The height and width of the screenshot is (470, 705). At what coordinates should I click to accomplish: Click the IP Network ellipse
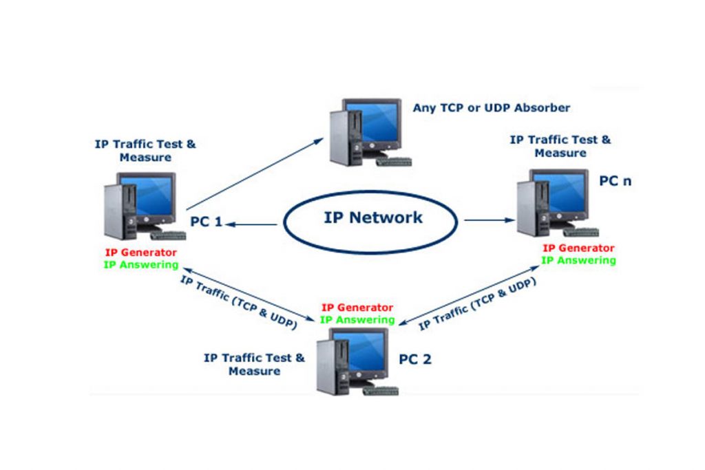coord(372,219)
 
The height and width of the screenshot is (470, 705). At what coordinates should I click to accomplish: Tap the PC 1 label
coord(206,222)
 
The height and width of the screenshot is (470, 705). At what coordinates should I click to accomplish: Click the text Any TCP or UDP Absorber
coord(492,108)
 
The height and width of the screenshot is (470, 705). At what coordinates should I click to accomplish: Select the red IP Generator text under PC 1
coord(140,253)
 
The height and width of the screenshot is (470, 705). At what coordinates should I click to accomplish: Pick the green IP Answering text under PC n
coord(578,260)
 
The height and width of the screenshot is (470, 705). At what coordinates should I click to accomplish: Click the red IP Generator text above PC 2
coord(357,308)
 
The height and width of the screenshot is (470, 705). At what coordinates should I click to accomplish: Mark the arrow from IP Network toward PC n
coord(489,220)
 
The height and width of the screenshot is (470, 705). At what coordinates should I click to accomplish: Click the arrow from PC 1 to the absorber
coord(255,172)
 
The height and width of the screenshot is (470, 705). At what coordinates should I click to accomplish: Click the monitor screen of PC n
coord(566,196)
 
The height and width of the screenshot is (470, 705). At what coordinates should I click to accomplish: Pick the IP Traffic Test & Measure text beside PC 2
coord(254,364)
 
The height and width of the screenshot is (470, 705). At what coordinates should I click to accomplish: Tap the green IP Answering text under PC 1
coord(140,264)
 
